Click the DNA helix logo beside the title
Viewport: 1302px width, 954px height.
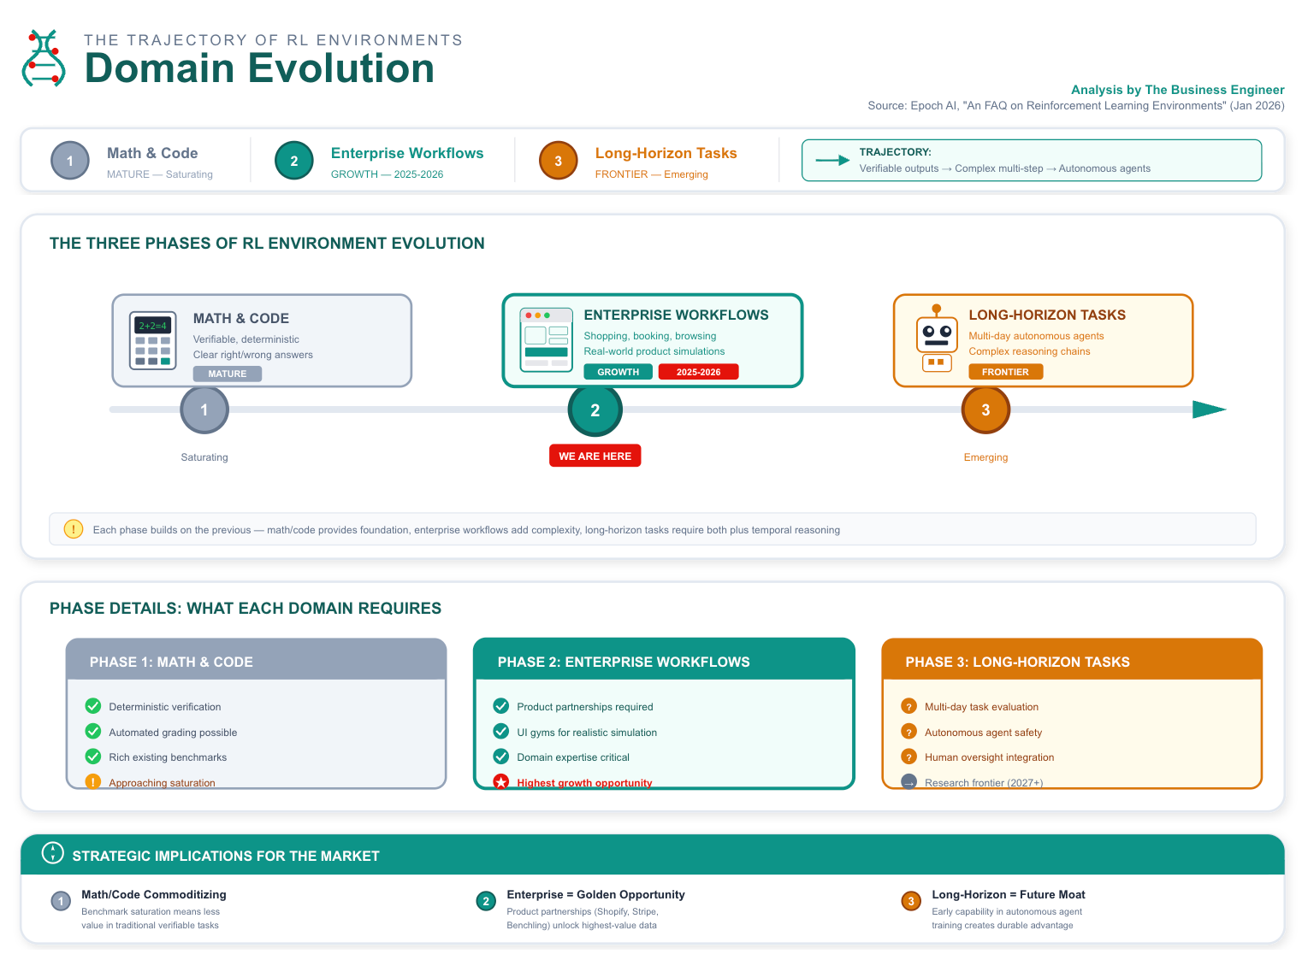point(44,58)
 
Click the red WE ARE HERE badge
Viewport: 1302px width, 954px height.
point(595,456)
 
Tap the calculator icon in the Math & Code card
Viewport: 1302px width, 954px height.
point(153,340)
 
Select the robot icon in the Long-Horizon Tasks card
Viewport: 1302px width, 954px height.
point(937,339)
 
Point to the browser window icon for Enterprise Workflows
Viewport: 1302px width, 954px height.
point(546,339)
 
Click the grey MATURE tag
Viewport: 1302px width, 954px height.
point(227,374)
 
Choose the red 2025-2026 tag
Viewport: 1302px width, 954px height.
point(698,372)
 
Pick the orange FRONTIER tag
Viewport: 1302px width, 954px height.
point(1005,372)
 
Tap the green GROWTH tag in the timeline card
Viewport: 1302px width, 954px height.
point(618,372)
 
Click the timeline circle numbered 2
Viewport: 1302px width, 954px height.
point(595,410)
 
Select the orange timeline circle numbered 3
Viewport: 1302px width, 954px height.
point(985,410)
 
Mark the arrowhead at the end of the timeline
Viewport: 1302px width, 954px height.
point(1209,409)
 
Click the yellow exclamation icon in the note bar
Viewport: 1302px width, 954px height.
point(74,529)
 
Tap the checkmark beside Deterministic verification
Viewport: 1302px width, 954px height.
point(93,706)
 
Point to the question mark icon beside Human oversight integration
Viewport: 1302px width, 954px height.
point(909,757)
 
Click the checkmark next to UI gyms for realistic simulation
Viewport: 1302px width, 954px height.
point(501,732)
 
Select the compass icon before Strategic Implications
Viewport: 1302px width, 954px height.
point(53,853)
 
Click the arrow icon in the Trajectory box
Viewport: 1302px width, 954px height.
point(832,160)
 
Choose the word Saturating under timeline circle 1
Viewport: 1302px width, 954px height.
point(204,457)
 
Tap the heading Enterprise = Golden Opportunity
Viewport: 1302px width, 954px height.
point(595,894)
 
